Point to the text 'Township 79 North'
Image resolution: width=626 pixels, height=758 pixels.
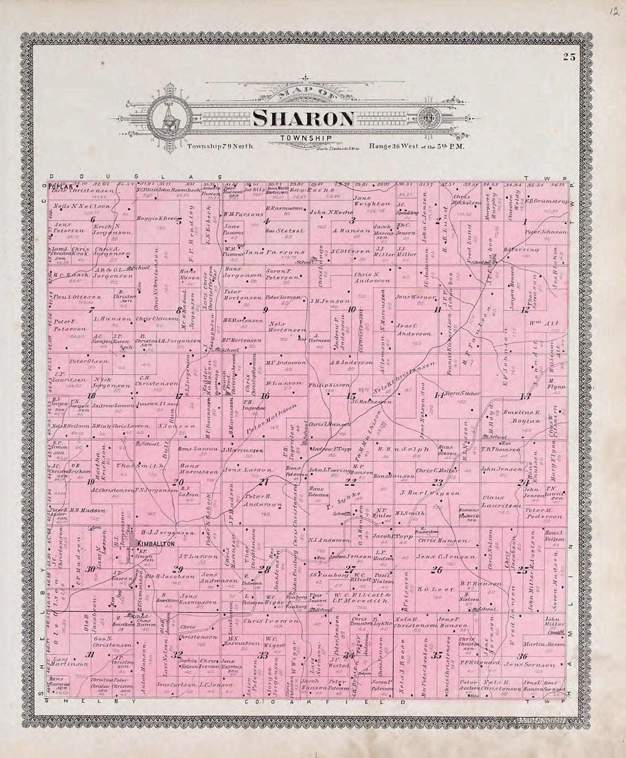220,146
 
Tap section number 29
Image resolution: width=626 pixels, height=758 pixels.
178,569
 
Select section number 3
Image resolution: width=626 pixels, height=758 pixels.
352,220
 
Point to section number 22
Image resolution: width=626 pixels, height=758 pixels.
350,482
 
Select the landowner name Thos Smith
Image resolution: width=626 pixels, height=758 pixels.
148,466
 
